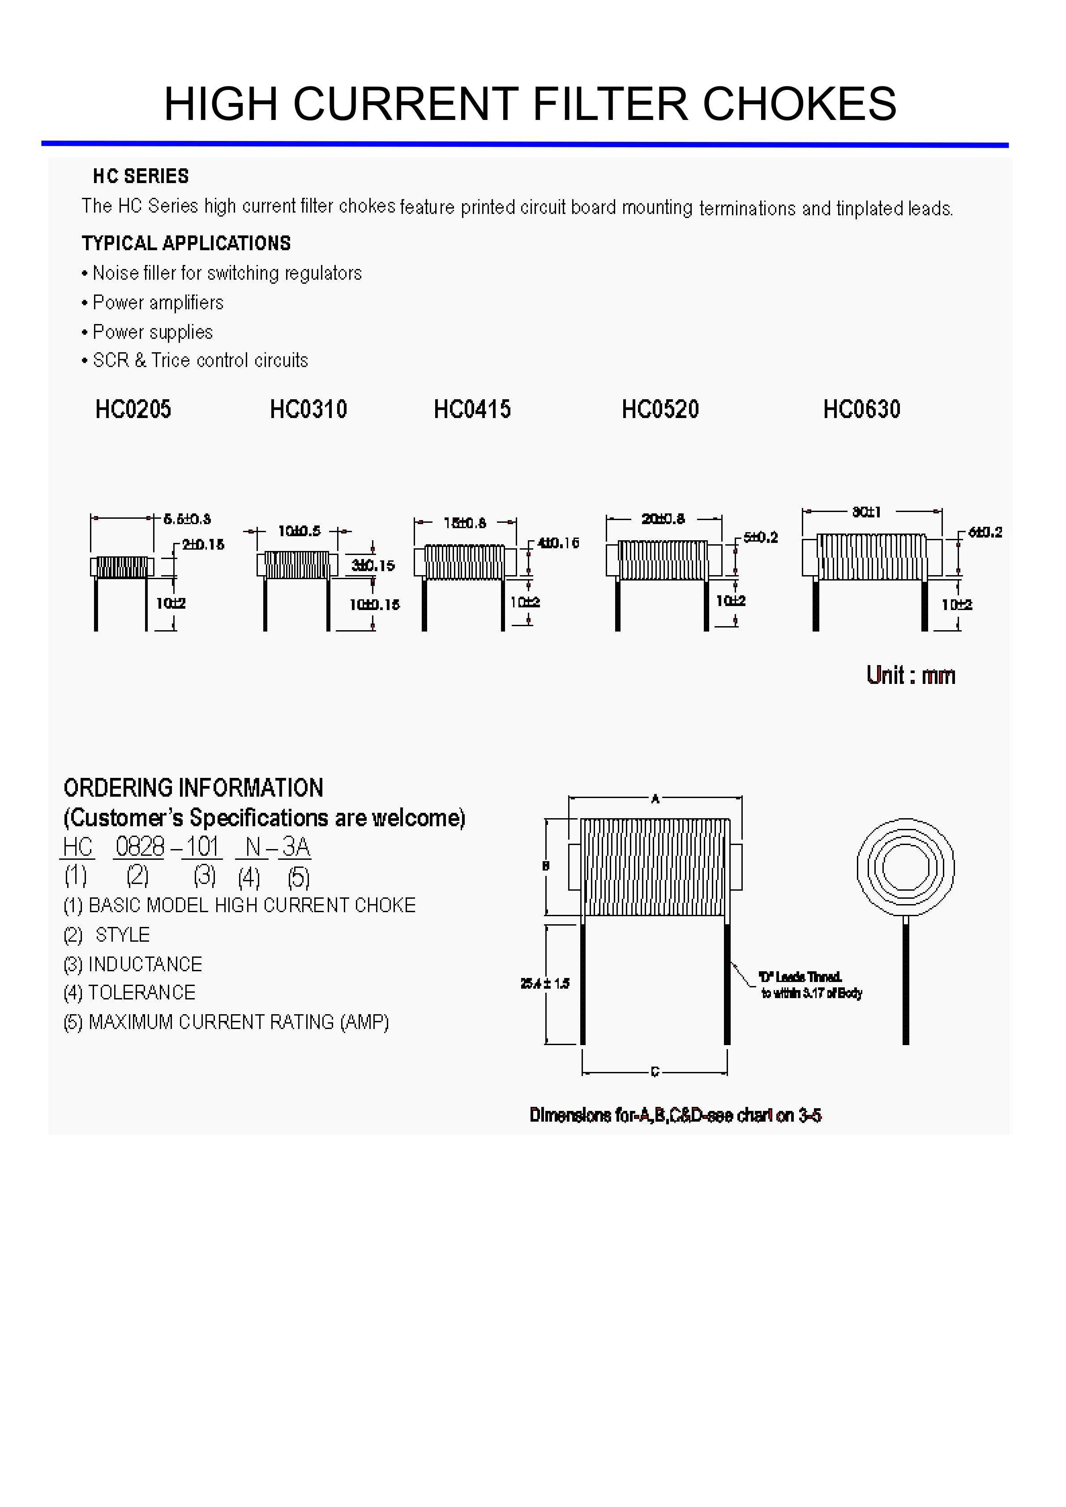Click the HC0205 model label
coord(133,410)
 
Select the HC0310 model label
coord(308,410)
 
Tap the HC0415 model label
coord(472,410)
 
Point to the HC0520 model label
coord(660,410)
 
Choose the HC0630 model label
coord(862,410)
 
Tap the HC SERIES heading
coord(141,176)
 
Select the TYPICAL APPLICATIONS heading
coord(186,243)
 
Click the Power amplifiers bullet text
coord(158,303)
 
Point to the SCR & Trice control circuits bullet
coord(200,360)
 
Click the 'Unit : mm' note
coord(911,675)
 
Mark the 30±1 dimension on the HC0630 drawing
coord(866,512)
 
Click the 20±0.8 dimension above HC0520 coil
coord(663,519)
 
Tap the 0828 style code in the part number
coord(139,847)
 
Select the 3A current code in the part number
coord(295,847)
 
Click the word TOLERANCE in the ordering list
coord(142,992)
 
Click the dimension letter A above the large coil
coord(655,799)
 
